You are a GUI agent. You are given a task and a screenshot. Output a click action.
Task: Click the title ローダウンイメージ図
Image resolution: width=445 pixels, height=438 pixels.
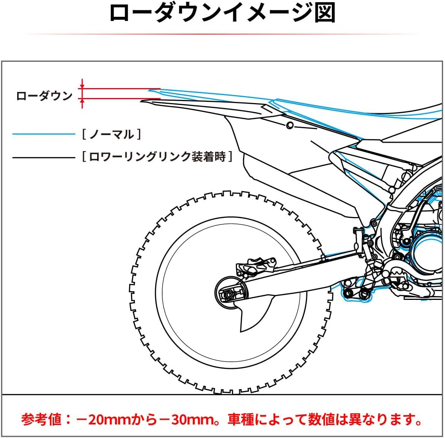[x=222, y=13]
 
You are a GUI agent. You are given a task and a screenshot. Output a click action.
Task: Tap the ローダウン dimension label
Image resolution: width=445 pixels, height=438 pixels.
[x=44, y=96]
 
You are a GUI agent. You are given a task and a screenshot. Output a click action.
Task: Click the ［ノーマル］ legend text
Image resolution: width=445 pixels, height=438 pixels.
[x=111, y=134]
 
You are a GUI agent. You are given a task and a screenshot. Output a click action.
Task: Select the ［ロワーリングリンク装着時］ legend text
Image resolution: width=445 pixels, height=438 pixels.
[x=157, y=157]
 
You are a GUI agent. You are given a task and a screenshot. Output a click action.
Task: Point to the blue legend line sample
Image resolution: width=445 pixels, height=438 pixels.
[x=44, y=134]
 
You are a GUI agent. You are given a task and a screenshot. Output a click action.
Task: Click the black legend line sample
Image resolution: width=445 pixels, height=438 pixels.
[x=44, y=157]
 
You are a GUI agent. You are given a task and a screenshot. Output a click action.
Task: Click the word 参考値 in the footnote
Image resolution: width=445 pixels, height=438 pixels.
[x=41, y=420]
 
